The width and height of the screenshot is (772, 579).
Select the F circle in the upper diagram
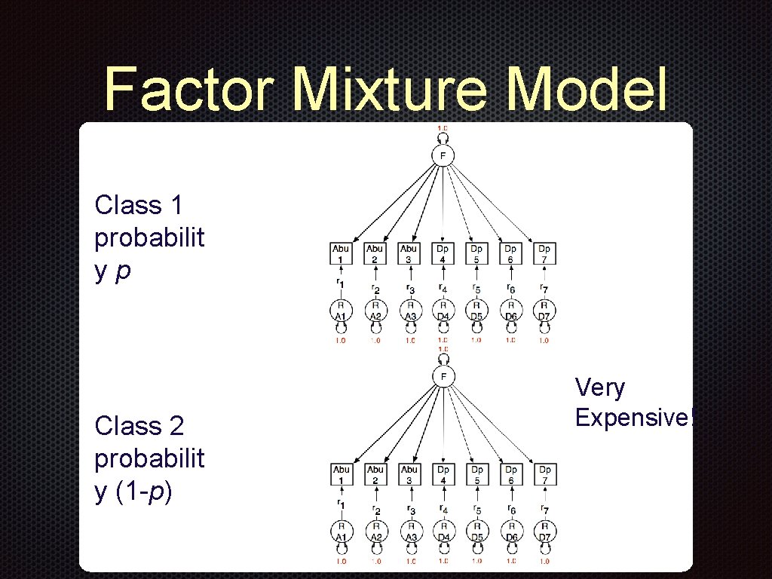[x=443, y=155]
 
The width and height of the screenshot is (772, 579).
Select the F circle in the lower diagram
[x=443, y=376]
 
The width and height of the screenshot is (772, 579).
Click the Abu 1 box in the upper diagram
[x=341, y=253]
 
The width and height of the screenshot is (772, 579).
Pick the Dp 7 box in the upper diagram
[x=544, y=253]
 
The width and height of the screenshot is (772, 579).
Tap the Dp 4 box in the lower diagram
[x=443, y=474]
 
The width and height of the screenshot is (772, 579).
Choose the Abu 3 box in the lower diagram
[x=409, y=474]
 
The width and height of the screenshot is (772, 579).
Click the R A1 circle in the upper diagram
[x=341, y=311]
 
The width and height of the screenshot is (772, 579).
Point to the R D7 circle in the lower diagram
[x=544, y=532]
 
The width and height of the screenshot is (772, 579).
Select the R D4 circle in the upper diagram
[x=443, y=311]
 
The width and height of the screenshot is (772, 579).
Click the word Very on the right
[x=600, y=388]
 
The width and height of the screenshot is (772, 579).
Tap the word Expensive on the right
[x=630, y=417]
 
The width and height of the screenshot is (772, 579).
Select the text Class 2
[x=139, y=426]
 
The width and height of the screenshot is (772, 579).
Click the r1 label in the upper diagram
[x=341, y=283]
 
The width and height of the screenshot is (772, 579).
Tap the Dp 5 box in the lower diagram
[x=476, y=474]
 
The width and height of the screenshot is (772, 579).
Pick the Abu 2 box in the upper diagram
[x=375, y=253]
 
